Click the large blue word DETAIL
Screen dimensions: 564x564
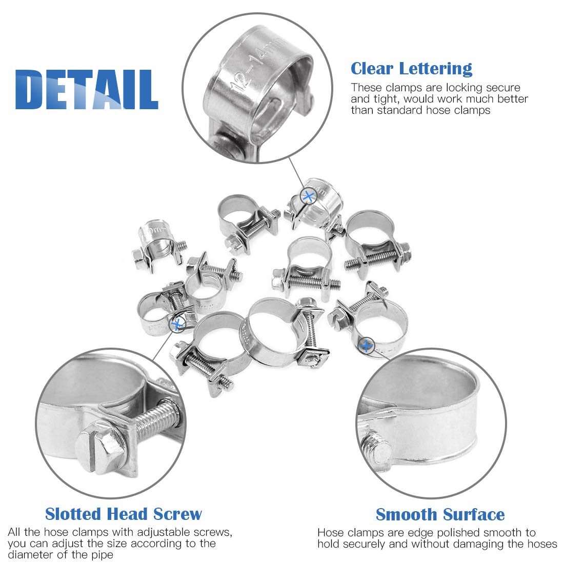87,90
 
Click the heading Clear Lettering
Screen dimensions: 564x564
411,68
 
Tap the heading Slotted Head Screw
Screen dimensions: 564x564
124,514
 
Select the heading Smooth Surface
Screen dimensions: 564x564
440,514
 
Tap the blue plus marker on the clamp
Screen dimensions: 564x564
366,346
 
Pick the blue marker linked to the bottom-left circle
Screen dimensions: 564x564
177,324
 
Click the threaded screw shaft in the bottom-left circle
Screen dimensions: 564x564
154,423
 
